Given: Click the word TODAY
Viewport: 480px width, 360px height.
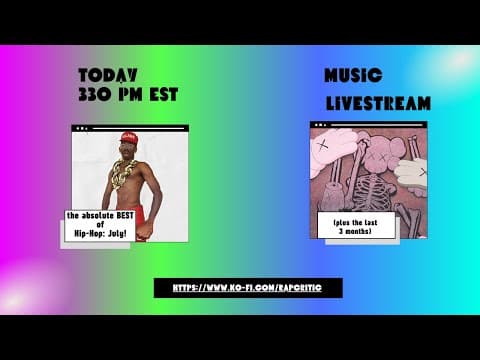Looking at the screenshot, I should (108, 75).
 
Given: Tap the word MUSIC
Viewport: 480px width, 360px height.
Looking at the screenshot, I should (352, 77).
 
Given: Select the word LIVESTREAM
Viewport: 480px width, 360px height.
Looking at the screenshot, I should (378, 103).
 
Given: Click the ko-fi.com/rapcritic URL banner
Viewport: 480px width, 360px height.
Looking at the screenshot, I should (248, 288).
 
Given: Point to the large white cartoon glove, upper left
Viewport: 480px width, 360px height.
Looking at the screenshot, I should (330, 150).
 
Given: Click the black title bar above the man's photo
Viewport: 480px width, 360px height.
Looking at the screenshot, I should (130, 128).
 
